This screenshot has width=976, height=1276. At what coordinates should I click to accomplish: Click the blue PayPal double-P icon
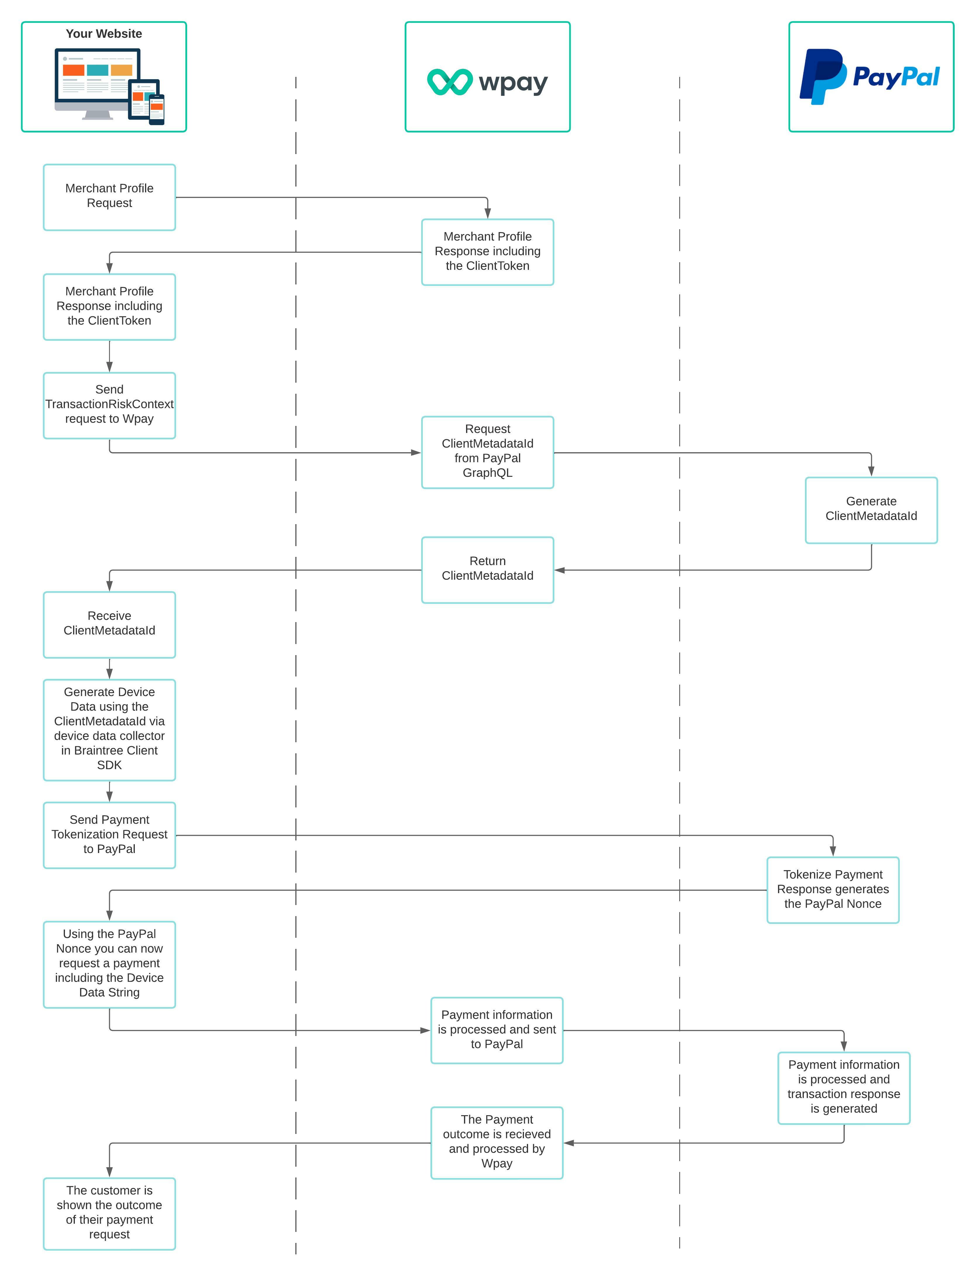pos(822,77)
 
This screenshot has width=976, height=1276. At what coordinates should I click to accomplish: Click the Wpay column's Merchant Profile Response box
pos(487,251)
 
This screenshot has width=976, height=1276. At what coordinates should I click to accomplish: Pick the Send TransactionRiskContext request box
pos(109,405)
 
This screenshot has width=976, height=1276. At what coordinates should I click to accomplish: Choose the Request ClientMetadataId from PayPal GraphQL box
pos(487,452)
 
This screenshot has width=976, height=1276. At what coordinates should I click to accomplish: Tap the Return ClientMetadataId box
pos(487,569)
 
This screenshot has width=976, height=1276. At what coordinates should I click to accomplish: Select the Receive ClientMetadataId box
pos(109,624)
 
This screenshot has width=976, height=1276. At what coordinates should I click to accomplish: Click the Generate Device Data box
pos(109,729)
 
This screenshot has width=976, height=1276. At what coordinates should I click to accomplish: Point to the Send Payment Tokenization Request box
pos(109,835)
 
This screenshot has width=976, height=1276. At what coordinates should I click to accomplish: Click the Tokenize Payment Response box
pos(832,889)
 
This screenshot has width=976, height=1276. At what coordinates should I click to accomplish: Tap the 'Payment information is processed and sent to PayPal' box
pos(497,1030)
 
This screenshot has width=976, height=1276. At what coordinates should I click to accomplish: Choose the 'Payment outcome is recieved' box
pos(497,1142)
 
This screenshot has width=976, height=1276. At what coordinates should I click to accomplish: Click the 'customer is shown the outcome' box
pos(109,1213)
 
